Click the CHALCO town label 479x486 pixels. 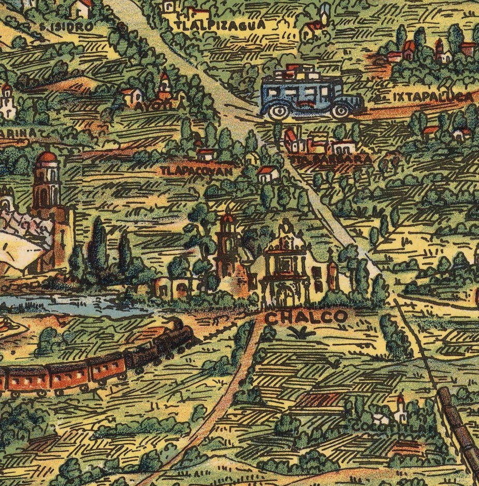pyautogui.click(x=306, y=317)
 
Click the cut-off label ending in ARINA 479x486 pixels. pyautogui.click(x=18, y=133)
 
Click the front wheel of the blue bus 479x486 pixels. pyautogui.click(x=340, y=110)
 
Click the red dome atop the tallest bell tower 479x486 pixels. pyautogui.click(x=47, y=157)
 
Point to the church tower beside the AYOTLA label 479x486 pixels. pyautogui.click(x=165, y=85)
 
